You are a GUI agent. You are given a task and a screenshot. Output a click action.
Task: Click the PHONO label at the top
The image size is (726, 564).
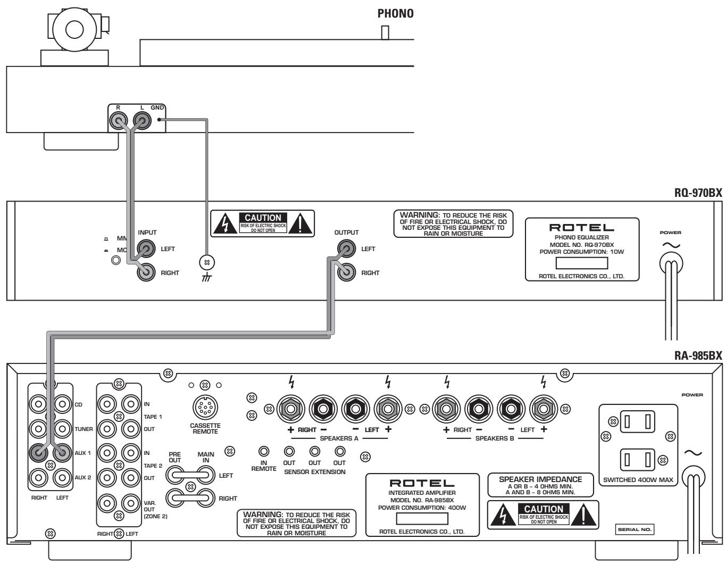[x=395, y=14]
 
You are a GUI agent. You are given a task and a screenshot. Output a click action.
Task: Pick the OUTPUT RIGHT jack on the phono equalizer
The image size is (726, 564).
[x=346, y=272]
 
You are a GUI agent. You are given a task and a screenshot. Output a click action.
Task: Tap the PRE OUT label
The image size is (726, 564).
[x=174, y=458]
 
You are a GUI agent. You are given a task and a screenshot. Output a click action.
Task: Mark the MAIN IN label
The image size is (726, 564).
[x=206, y=458]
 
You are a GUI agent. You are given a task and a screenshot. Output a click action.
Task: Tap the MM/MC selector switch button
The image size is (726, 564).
[x=114, y=261]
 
